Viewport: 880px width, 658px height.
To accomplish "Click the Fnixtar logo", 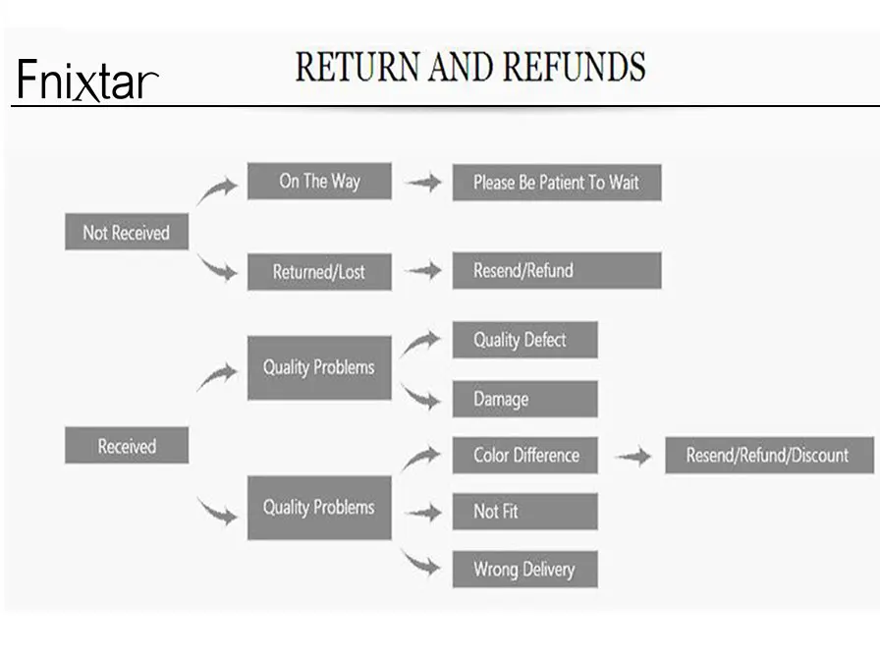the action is pyautogui.click(x=86, y=81).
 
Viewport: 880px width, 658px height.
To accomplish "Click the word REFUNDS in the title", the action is pyautogui.click(x=575, y=67).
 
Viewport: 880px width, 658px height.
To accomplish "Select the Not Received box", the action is pyautogui.click(x=126, y=233).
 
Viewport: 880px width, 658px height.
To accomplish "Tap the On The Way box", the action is pyautogui.click(x=319, y=182).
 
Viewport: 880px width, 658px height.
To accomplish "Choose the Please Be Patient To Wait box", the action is pyautogui.click(x=556, y=183).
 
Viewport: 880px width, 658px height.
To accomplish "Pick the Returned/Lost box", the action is pyautogui.click(x=319, y=272).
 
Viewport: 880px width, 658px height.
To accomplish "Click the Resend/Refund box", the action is pyautogui.click(x=556, y=270).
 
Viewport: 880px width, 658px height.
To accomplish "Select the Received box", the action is pyautogui.click(x=126, y=446).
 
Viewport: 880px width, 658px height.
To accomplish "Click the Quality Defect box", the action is pyautogui.click(x=524, y=340).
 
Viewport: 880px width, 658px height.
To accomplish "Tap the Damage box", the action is pyautogui.click(x=524, y=399).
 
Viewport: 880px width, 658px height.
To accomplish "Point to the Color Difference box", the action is pyautogui.click(x=524, y=455).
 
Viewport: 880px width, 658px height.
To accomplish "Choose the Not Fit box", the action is pyautogui.click(x=524, y=512).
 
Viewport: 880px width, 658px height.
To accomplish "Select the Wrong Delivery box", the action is pyautogui.click(x=524, y=569).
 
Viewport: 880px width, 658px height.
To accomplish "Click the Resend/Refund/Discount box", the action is pyautogui.click(x=768, y=455).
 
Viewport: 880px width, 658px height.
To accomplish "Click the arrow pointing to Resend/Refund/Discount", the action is pyautogui.click(x=632, y=456).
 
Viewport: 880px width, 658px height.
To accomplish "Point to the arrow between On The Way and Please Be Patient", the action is pyautogui.click(x=422, y=183).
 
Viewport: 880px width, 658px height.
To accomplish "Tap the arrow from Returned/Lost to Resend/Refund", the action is pyautogui.click(x=422, y=271).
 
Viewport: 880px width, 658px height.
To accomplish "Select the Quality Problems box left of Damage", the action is pyautogui.click(x=319, y=367).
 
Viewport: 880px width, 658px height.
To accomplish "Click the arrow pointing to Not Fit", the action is pyautogui.click(x=422, y=512).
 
